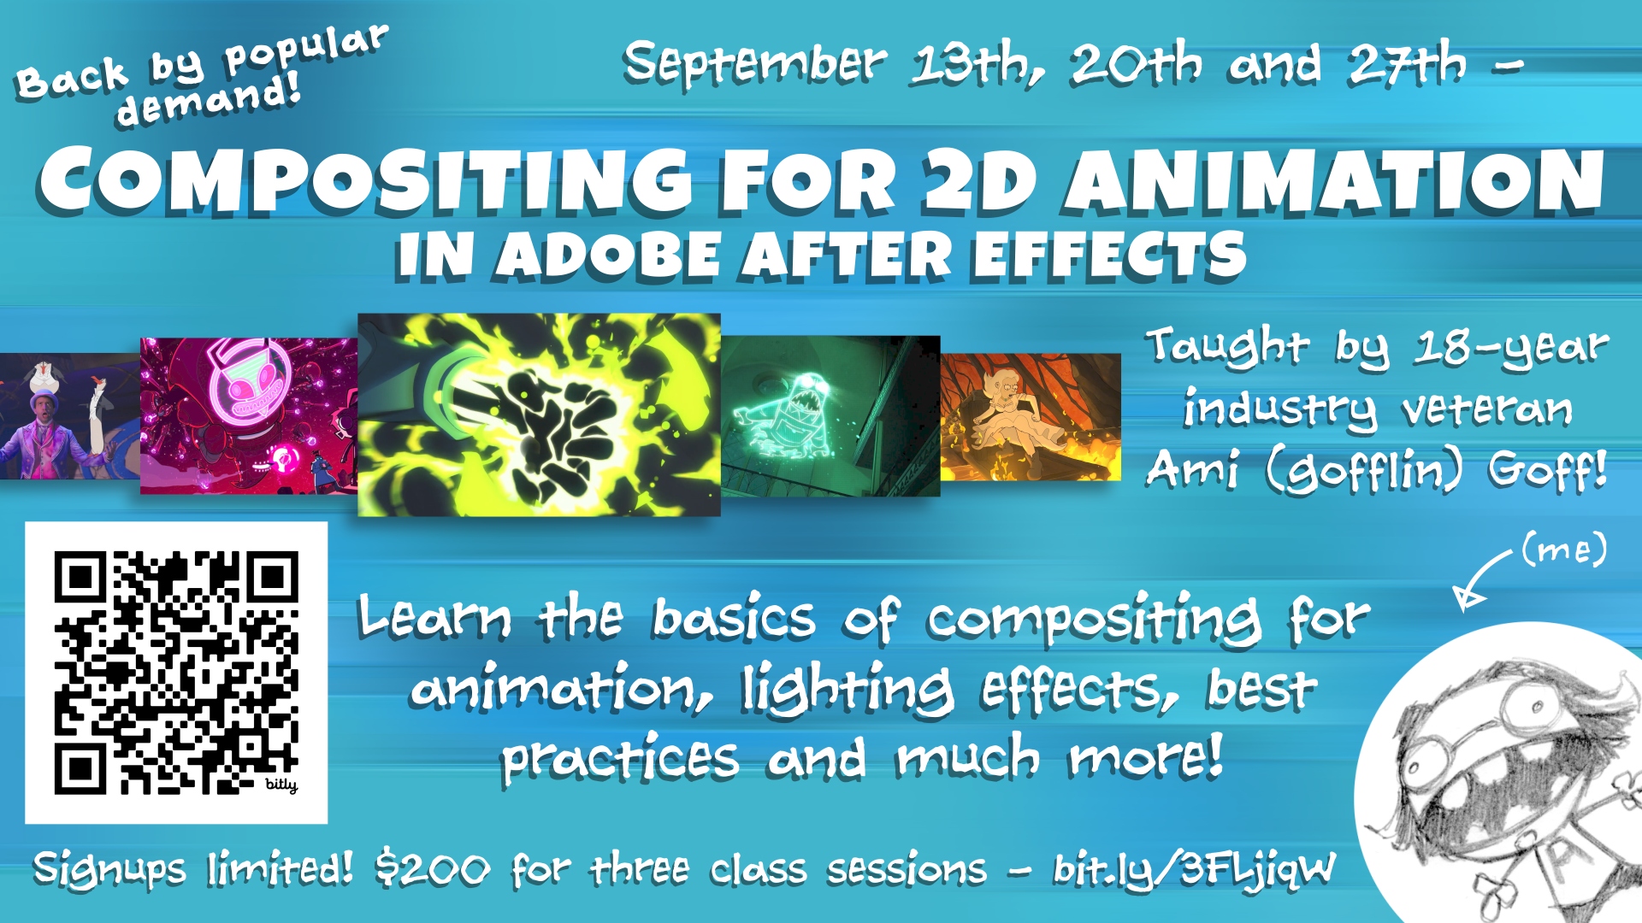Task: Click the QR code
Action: tap(176, 673)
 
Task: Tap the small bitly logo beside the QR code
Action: tap(281, 785)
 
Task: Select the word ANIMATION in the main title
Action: tap(1334, 180)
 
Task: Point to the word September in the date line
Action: tap(755, 64)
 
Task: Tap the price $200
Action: tap(433, 870)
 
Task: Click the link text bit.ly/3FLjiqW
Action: tap(1194, 870)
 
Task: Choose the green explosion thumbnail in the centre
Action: tap(539, 414)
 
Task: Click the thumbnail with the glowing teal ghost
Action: tap(830, 416)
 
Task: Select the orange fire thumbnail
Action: tap(1031, 417)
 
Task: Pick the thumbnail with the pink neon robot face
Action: tap(249, 416)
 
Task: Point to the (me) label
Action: tap(1564, 550)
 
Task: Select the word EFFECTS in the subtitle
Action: tap(1109, 255)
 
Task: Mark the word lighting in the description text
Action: tap(847, 690)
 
